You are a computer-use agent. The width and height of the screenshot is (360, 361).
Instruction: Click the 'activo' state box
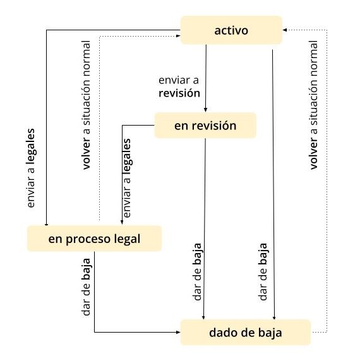pyautogui.click(x=232, y=30)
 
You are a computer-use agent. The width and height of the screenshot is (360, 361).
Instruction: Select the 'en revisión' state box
pyautogui.click(x=205, y=126)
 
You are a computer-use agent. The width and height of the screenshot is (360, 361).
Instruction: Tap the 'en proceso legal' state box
pyautogui.click(x=95, y=239)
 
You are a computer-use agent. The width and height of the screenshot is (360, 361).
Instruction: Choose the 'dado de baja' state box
pyautogui.click(x=246, y=333)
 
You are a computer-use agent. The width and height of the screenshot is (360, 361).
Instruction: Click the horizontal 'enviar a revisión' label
pyautogui.click(x=179, y=86)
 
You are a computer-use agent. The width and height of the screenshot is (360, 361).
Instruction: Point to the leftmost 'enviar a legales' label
pyautogui.click(x=31, y=168)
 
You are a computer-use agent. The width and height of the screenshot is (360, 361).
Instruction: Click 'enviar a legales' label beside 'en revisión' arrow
pyautogui.click(x=127, y=178)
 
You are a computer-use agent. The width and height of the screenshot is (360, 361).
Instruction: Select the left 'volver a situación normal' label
pyautogui.click(x=87, y=105)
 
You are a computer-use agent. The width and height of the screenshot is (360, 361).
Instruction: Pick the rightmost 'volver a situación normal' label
pyautogui.click(x=314, y=105)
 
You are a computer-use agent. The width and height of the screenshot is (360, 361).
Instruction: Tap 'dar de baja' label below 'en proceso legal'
pyautogui.click(x=87, y=287)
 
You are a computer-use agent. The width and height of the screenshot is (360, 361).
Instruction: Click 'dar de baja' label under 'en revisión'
pyautogui.click(x=198, y=272)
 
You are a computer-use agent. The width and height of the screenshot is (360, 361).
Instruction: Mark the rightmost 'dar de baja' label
pyautogui.click(x=263, y=272)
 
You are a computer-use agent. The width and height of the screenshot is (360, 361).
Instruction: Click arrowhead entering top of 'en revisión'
pyautogui.click(x=205, y=110)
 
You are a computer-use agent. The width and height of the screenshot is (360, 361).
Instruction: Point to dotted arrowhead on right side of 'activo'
pyautogui.click(x=285, y=30)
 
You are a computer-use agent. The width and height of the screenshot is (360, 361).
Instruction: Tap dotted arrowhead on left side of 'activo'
pyautogui.click(x=178, y=36)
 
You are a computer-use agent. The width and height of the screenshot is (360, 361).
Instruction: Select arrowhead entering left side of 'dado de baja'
pyautogui.click(x=178, y=332)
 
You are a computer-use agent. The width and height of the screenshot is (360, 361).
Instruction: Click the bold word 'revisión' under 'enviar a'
pyautogui.click(x=179, y=93)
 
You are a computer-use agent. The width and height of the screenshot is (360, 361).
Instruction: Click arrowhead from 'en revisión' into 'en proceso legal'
pyautogui.click(x=122, y=222)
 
